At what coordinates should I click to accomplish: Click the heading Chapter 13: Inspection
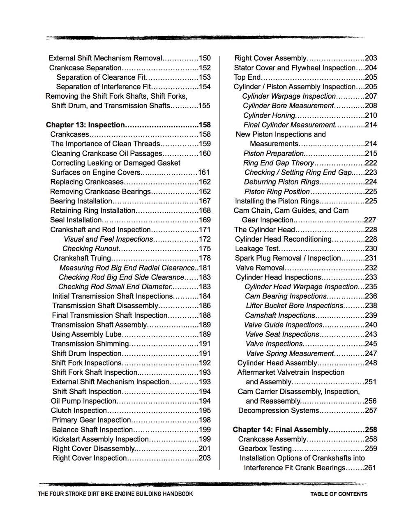coord(85,125)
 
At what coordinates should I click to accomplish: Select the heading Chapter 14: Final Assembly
coord(281,430)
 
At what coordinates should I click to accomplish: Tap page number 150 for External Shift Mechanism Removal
coord(205,58)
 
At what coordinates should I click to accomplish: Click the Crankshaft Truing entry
coord(82,258)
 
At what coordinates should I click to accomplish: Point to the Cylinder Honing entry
coord(269,115)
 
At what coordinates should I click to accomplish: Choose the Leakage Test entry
coord(257,249)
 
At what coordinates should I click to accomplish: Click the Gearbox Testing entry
coord(265,449)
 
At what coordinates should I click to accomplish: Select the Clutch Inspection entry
coord(79,411)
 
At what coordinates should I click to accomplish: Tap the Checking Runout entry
coord(90,249)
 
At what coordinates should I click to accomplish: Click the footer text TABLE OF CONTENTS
coord(339,494)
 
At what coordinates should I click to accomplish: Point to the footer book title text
coord(115,494)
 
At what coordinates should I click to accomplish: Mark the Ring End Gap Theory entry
coord(279,163)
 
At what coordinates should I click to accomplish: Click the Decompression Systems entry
coord(278,411)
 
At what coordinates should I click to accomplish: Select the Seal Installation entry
coord(76,220)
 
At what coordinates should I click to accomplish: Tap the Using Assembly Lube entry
coord(86,335)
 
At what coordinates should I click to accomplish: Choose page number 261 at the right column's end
coord(370,468)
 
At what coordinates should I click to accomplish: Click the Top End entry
coord(247,77)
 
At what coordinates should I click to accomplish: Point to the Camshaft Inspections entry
coord(280,316)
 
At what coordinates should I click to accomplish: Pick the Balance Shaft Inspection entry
coord(92,430)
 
